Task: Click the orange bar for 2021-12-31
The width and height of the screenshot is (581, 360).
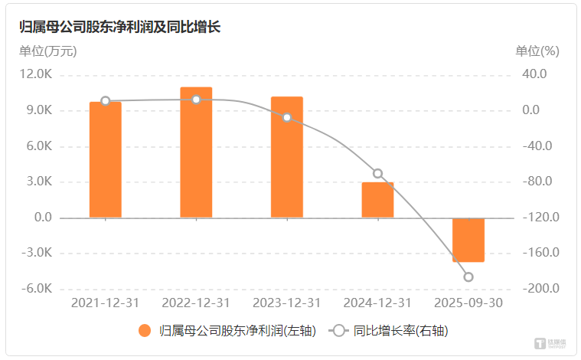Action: click(106, 160)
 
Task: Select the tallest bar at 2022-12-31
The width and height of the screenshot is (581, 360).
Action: click(196, 152)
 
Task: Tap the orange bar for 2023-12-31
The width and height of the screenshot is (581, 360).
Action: click(287, 157)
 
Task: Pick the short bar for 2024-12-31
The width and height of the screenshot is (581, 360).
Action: click(377, 200)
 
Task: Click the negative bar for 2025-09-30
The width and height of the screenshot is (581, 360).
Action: click(468, 240)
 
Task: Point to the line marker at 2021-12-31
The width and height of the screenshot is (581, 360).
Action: click(106, 101)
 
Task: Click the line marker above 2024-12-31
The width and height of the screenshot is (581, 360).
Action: click(377, 174)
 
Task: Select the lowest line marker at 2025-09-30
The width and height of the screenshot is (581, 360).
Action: click(468, 277)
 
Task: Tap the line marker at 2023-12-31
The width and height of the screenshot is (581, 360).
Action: click(287, 118)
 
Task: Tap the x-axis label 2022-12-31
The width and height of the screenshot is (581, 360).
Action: click(196, 303)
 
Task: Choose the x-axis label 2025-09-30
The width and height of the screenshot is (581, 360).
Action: click(468, 303)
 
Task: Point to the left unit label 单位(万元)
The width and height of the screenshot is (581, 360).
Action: click(47, 51)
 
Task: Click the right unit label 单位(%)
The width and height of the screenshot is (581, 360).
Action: click(537, 51)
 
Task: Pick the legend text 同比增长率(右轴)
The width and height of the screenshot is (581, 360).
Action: click(400, 332)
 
